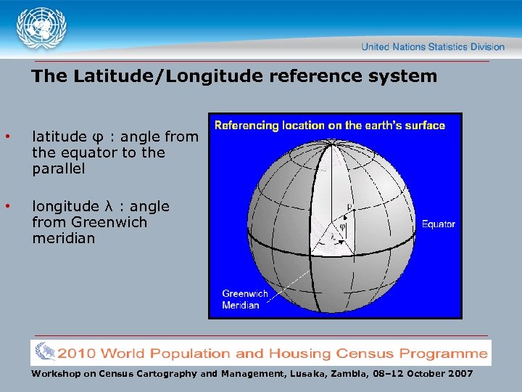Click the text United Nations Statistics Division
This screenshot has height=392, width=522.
tap(433, 46)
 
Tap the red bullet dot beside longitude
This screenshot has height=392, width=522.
tap(7, 207)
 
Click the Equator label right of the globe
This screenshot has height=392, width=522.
tap(439, 224)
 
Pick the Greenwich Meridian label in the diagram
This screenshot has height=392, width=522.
tap(244, 300)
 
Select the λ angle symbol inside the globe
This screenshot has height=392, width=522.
tap(333, 237)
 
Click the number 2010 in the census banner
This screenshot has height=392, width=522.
tap(77, 354)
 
